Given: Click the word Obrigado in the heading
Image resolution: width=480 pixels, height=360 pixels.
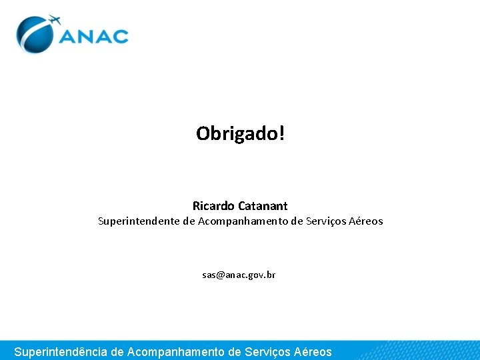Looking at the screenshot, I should pos(237,134).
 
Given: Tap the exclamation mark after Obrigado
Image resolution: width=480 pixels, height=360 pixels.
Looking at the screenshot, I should pos(282,133).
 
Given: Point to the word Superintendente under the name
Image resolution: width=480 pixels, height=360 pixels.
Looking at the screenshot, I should pos(139,221).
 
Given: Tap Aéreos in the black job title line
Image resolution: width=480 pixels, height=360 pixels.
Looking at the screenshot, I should pos(367,221).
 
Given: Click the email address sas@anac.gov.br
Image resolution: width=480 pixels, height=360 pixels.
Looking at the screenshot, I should pos(239,275).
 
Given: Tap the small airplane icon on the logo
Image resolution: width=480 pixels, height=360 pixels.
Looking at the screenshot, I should pos(53,20).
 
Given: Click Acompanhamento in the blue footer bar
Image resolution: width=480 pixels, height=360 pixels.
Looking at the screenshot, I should pos(175,351).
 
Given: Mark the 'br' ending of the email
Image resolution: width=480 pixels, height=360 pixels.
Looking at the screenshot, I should pos(271,275).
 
